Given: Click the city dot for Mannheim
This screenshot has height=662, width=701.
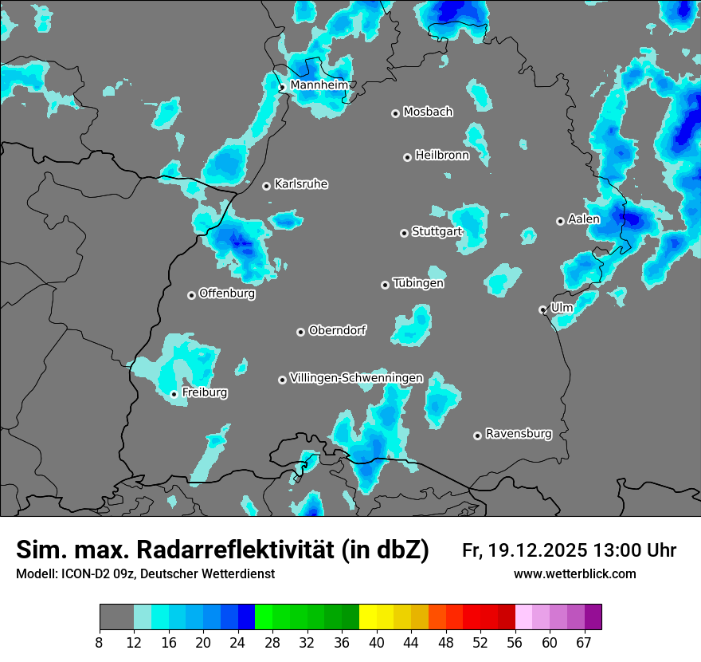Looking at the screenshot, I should pyautogui.click(x=282, y=88).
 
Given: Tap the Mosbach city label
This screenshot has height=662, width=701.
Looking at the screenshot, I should pyautogui.click(x=428, y=112).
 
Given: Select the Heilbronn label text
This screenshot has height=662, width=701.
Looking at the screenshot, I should pyautogui.click(x=442, y=156).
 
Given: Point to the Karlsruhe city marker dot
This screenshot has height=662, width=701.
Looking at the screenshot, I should pyautogui.click(x=267, y=186).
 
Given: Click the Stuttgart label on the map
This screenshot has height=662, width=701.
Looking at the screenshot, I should pyautogui.click(x=437, y=232).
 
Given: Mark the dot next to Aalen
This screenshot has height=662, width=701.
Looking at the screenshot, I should pyautogui.click(x=560, y=221).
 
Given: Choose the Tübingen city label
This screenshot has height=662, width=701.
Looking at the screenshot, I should pyautogui.click(x=418, y=283).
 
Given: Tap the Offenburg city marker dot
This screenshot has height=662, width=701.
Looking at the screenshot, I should pyautogui.click(x=191, y=295).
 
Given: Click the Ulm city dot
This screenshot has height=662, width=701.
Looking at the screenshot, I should pyautogui.click(x=542, y=309).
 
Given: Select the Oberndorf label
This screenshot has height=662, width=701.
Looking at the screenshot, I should pyautogui.click(x=338, y=330).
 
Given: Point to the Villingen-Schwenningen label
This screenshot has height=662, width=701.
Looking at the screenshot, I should pyautogui.click(x=357, y=378).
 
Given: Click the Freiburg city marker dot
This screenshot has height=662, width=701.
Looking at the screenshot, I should pyautogui.click(x=174, y=394).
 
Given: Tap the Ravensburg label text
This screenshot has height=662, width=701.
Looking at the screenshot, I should pyautogui.click(x=519, y=434).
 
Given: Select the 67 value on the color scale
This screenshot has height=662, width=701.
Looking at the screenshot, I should pyautogui.click(x=584, y=643).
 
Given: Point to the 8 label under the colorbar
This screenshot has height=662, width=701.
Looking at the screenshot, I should pyautogui.click(x=100, y=643).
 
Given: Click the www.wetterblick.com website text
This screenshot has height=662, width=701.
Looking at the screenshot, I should pyautogui.click(x=575, y=574).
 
